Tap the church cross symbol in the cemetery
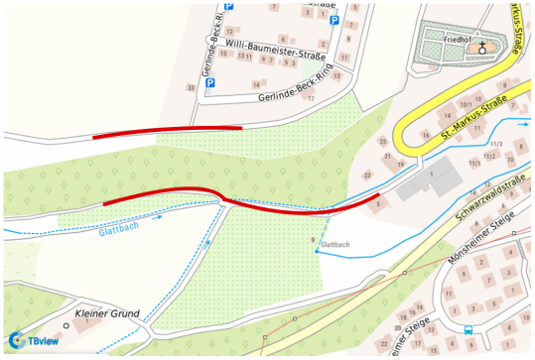pos(483,47)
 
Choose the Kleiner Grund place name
pos(107,311)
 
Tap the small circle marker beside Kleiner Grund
pos(67,324)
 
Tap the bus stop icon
pos(468,330)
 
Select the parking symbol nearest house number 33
pos(209,83)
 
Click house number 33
pos(190,88)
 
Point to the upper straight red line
pos(167,132)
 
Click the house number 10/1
pos(466,103)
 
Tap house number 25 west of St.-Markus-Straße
pos(384,142)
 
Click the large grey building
pos(436,181)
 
